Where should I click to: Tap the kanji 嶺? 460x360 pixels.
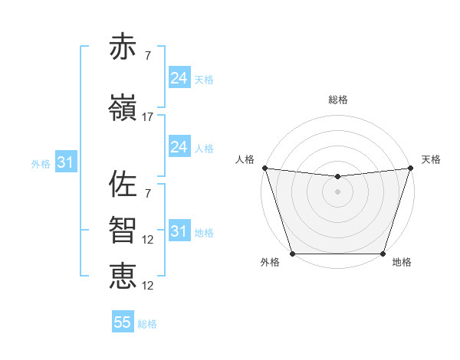[x=123, y=107]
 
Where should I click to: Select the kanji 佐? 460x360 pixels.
[x=123, y=184]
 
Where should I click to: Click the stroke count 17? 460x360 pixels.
[x=148, y=117]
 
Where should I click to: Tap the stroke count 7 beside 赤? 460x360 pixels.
[x=148, y=56]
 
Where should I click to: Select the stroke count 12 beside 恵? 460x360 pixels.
[x=148, y=286]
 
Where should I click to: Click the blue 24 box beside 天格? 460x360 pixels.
[x=179, y=77]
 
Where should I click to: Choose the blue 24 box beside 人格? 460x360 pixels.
[x=179, y=147]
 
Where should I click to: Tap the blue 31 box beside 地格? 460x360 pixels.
[x=179, y=231]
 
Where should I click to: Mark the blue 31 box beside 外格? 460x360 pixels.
[x=65, y=162]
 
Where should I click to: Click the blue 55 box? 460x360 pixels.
[x=123, y=322]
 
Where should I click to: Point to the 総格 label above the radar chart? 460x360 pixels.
[x=337, y=100]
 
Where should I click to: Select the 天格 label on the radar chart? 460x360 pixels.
[x=431, y=159]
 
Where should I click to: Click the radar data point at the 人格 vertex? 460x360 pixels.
[x=264, y=168]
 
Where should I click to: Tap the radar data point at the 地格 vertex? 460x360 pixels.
[x=383, y=254]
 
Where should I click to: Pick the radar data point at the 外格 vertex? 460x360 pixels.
[x=292, y=254]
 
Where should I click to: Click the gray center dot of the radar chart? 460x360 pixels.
[x=337, y=191]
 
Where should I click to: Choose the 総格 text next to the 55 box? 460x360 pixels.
[x=147, y=324]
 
